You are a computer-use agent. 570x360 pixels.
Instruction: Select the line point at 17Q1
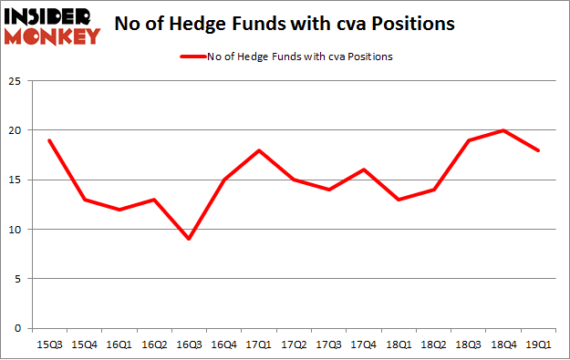260,150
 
